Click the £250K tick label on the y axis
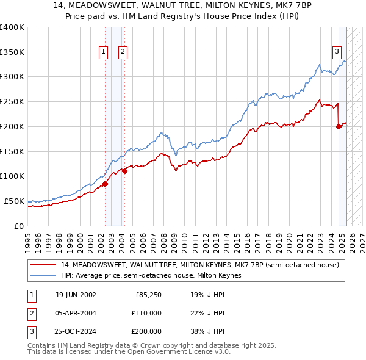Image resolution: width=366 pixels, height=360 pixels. [x=12, y=102]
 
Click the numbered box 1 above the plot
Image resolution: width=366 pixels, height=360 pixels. [x=103, y=52]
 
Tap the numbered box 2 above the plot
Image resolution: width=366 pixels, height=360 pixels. [x=123, y=52]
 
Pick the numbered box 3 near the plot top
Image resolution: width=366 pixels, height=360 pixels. [x=336, y=52]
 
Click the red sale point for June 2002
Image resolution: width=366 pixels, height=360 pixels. [x=105, y=183]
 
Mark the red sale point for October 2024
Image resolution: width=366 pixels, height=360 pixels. [x=339, y=126]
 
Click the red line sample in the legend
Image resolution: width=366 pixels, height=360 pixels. [x=44, y=265]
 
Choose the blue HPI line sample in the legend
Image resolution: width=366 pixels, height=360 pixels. [x=44, y=276]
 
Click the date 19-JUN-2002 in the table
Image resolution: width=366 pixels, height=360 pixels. [x=76, y=295]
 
